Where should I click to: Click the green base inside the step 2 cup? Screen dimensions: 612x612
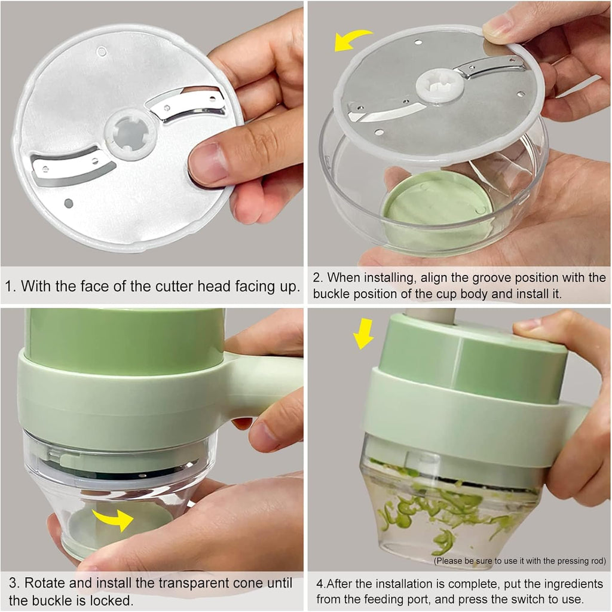click(x=436, y=206)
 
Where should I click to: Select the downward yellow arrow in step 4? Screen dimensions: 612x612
click(x=363, y=333)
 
